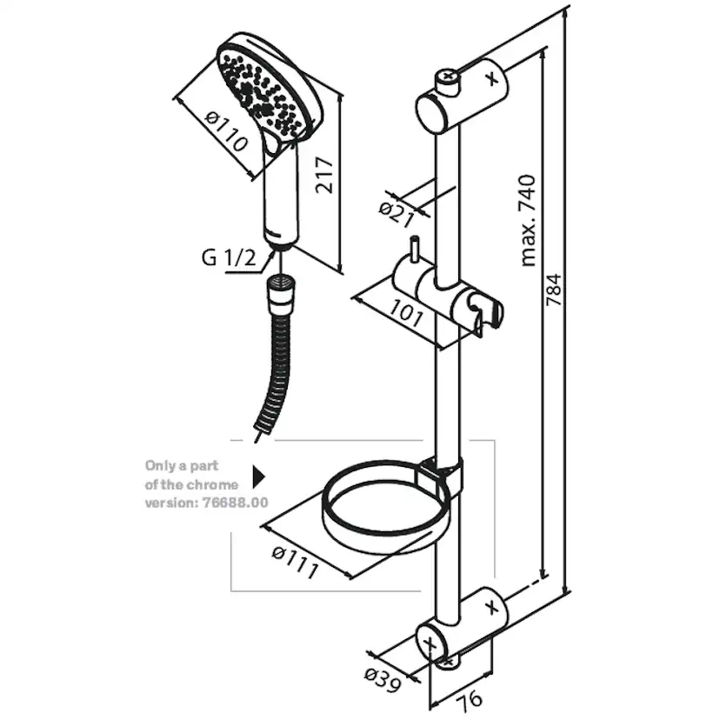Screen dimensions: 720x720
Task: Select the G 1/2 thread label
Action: pos(229,257)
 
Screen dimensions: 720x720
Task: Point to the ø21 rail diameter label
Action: pos(397,210)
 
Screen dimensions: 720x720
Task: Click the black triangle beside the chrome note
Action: pos(257,477)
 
